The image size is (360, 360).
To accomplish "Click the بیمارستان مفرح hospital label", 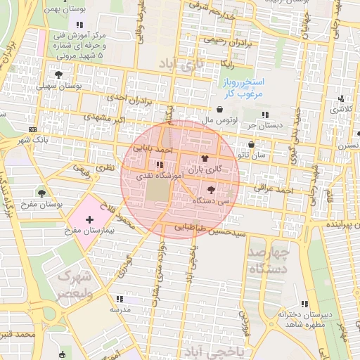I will [x=89, y=230].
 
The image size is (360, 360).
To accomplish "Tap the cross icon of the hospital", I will [x=89, y=220].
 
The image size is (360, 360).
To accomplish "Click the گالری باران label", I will [x=207, y=169].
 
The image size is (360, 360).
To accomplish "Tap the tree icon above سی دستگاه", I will [x=212, y=189].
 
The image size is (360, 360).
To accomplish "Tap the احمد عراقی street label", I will [x=274, y=190].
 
